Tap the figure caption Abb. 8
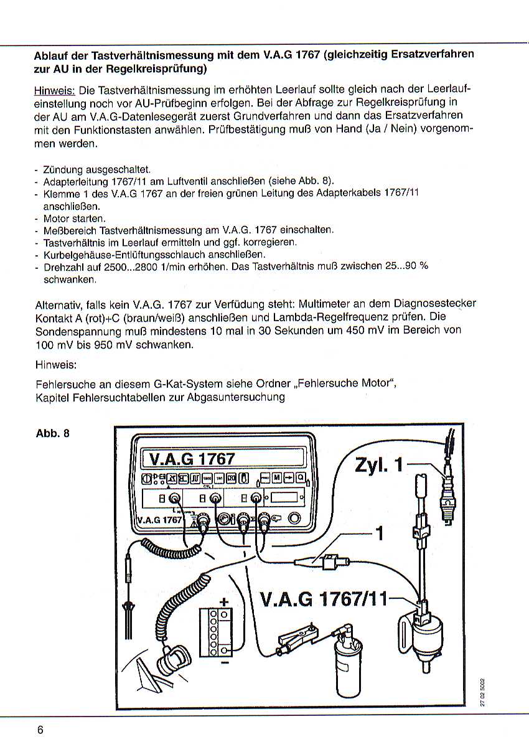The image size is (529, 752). coord(52,433)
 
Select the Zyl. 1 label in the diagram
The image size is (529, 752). coord(379,465)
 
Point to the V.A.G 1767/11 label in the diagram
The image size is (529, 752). coord(321,599)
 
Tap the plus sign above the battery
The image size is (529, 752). coord(224,601)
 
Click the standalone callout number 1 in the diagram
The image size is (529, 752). coord(378,535)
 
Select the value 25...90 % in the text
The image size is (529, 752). coord(408,266)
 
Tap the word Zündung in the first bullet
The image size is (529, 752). coord(62,169)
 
